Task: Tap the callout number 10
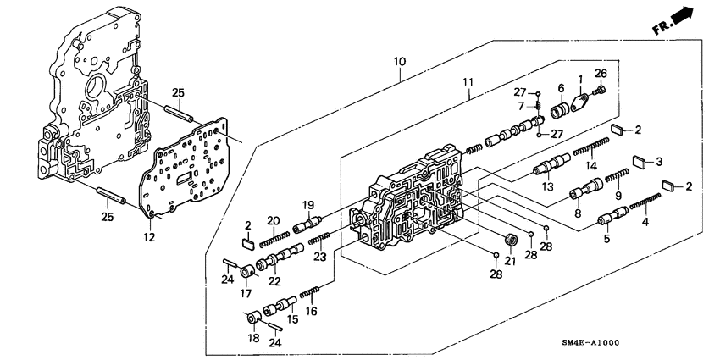pyautogui.click(x=400, y=63)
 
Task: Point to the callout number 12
pyautogui.click(x=149, y=239)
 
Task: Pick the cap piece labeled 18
pyautogui.click(x=252, y=319)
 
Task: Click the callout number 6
pyautogui.click(x=561, y=87)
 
